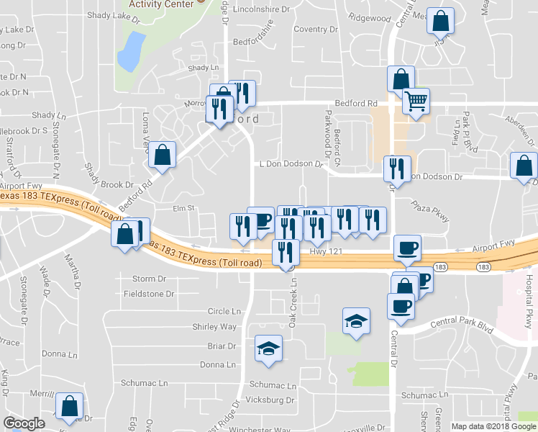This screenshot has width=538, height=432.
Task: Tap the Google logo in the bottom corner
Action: [x=24, y=423]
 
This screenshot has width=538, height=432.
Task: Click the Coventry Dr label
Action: [x=310, y=29]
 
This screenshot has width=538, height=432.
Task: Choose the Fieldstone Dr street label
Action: [x=149, y=294]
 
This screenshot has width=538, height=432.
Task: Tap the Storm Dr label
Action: [x=149, y=279]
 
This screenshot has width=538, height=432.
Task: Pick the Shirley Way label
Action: [x=214, y=326]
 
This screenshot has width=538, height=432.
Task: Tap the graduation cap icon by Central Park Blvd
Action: [x=355, y=320]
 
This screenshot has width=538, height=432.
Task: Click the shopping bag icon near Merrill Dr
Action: [x=70, y=407]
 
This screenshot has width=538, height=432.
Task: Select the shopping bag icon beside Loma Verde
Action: [x=163, y=155]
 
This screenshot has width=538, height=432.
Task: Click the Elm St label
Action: [x=184, y=208]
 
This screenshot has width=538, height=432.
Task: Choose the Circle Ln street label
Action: [x=224, y=311]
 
